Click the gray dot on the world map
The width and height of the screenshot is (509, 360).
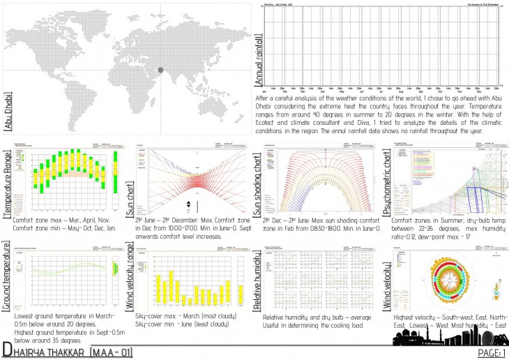[x=161, y=70]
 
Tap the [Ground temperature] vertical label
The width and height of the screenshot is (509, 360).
[x=8, y=279]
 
